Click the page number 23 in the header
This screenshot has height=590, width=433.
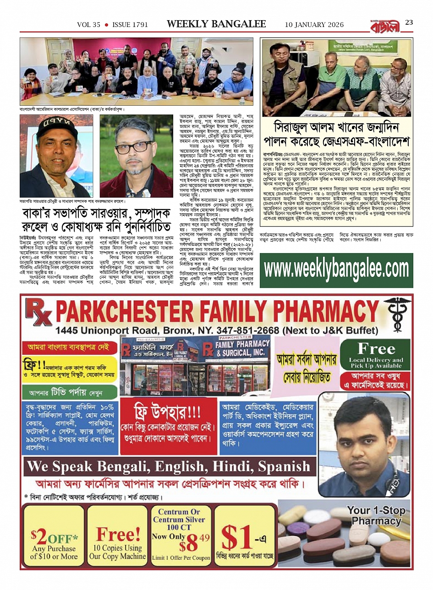click(409, 22)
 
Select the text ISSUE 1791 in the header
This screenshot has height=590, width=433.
click(130, 25)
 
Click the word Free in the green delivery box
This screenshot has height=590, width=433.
click(376, 349)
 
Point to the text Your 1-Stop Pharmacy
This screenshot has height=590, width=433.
click(376, 515)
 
